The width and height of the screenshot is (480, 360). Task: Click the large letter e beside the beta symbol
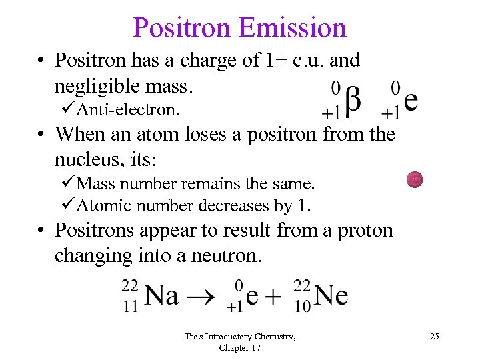(411, 101)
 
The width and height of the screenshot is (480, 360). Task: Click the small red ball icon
(414, 179)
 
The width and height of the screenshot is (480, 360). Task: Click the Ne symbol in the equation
(331, 295)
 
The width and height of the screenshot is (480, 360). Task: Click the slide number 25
(434, 337)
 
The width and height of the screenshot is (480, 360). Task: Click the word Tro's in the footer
(193, 337)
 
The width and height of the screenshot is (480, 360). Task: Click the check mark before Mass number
(71, 183)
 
